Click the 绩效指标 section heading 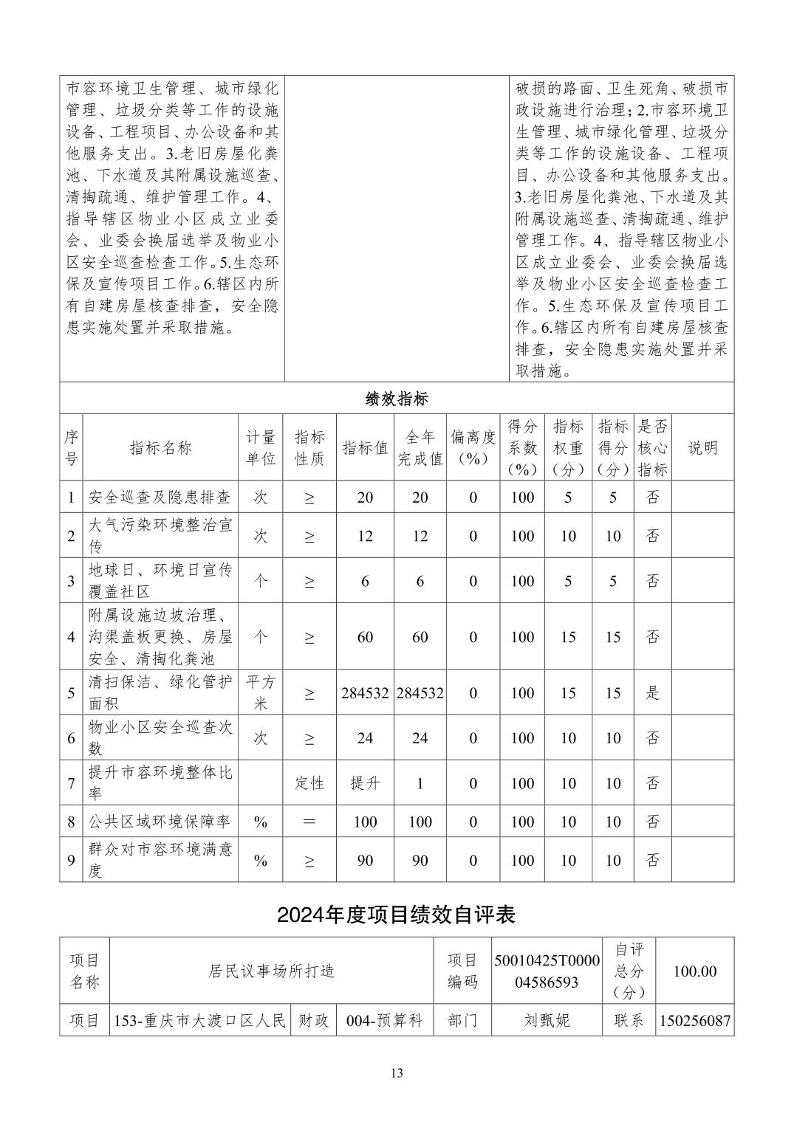tap(397, 399)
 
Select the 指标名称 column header tap(160, 448)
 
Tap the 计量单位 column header tap(260, 448)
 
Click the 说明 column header tap(702, 448)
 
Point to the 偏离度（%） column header tap(473, 448)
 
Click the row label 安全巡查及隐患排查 tap(160, 498)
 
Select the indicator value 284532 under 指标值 tap(365, 693)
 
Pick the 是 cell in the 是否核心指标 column tap(652, 693)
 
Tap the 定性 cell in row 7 tap(309, 783)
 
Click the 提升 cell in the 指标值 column tap(365, 783)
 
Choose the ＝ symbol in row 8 tap(309, 822)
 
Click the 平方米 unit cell tap(260, 693)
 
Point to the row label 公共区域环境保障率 tap(160, 822)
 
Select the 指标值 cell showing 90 tap(365, 861)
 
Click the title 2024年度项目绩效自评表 tap(396, 915)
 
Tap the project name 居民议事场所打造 tap(272, 971)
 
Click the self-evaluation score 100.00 tap(694, 971)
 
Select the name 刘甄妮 tap(547, 1022)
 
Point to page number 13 tap(397, 1073)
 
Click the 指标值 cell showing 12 tap(365, 536)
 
